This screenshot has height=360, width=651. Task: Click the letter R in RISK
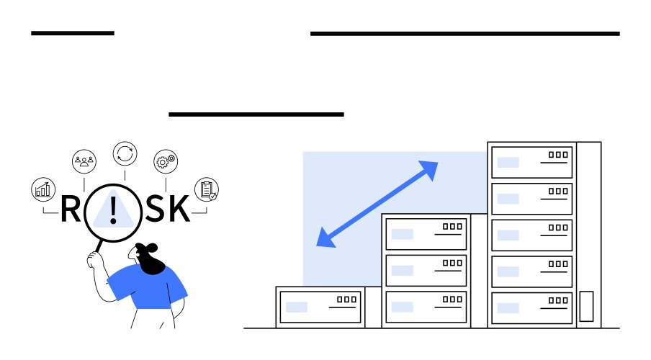pyautogui.click(x=70, y=208)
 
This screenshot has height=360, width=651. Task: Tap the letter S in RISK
pyautogui.click(x=156, y=208)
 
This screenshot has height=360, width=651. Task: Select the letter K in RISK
pyautogui.click(x=180, y=208)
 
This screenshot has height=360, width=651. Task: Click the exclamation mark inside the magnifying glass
pyautogui.click(x=113, y=209)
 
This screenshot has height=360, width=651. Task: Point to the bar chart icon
pyautogui.click(x=43, y=189)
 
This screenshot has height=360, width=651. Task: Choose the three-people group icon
pyautogui.click(x=84, y=161)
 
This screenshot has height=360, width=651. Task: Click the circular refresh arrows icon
pyautogui.click(x=125, y=153)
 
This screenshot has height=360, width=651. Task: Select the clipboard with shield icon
pyautogui.click(x=206, y=189)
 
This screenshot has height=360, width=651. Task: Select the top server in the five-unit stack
pyautogui.click(x=532, y=162)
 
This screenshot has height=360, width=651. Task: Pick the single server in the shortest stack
pyautogui.click(x=319, y=307)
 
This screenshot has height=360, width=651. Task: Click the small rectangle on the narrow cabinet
pyautogui.click(x=587, y=305)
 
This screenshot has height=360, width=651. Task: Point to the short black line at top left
pyautogui.click(x=73, y=33)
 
